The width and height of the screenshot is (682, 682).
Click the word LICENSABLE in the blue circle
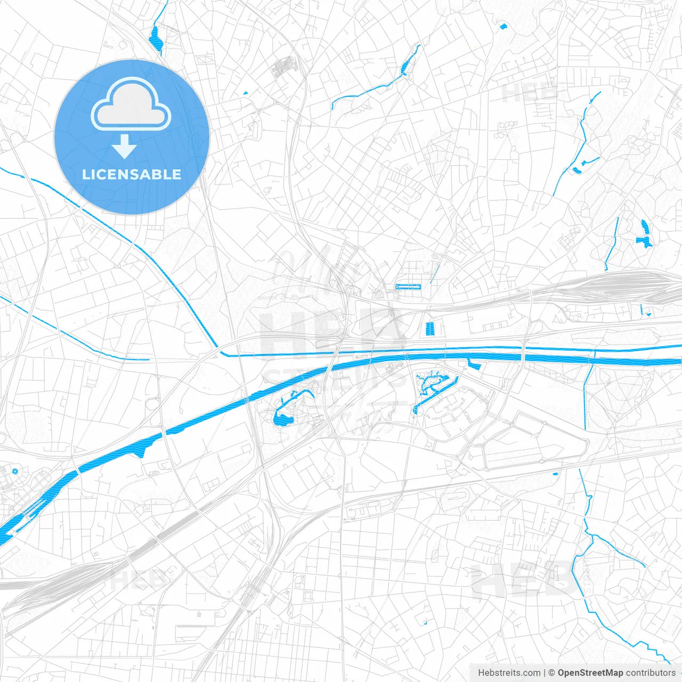point(132,174)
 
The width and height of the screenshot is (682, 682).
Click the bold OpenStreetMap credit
point(590,673)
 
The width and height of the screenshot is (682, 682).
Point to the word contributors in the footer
point(651,673)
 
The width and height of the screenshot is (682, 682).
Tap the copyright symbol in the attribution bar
point(552,673)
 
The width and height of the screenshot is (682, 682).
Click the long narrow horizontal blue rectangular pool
point(408,287)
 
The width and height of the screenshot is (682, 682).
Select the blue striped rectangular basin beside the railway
point(430,329)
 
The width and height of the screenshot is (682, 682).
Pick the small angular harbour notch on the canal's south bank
point(474,365)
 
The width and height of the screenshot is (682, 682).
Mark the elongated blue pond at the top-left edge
point(156,40)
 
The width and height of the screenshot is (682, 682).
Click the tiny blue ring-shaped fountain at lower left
point(14,471)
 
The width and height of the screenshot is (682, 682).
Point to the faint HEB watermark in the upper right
point(529,92)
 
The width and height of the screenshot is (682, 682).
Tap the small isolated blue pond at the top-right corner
point(502,25)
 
